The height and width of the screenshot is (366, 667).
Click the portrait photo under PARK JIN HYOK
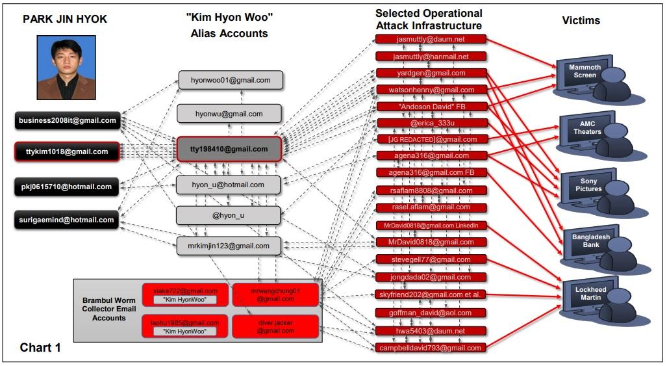point(66,67)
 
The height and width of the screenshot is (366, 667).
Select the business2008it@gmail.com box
point(68,120)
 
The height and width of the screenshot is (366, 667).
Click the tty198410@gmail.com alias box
point(229,149)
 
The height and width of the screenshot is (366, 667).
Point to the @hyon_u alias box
point(229,215)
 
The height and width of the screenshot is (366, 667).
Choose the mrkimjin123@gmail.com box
point(229,246)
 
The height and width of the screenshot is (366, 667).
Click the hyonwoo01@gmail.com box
point(231,80)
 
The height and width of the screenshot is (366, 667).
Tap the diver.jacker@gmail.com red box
point(275,326)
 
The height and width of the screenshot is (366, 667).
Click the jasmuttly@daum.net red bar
point(431,39)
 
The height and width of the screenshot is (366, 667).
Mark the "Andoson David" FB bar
point(431,106)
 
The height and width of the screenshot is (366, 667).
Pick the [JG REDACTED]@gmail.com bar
point(431,139)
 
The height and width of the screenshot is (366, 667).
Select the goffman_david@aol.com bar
point(431,313)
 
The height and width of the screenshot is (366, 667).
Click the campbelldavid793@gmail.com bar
point(431,348)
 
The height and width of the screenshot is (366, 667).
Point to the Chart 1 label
point(40,347)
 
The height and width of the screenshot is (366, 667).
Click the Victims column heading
point(581,21)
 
